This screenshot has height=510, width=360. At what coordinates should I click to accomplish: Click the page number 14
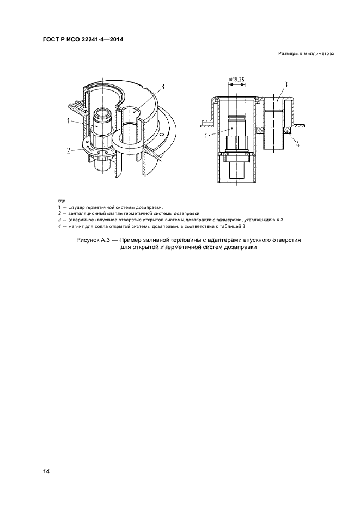pyautogui.click(x=46, y=471)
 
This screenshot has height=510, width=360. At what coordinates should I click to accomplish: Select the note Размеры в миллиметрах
pyautogui.click(x=306, y=54)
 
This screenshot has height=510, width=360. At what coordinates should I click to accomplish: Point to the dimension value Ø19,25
pyautogui.click(x=237, y=79)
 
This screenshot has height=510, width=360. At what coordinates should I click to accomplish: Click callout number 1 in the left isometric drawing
pyautogui.click(x=68, y=120)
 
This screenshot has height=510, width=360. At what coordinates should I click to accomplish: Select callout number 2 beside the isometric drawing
pyautogui.click(x=68, y=150)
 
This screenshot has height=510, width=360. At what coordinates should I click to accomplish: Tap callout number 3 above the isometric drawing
pyautogui.click(x=162, y=87)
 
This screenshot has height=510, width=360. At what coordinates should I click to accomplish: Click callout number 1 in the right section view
pyautogui.click(x=206, y=137)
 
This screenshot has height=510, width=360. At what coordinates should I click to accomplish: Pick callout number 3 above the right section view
pyautogui.click(x=285, y=85)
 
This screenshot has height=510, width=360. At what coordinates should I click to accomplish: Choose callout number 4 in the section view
pyautogui.click(x=297, y=144)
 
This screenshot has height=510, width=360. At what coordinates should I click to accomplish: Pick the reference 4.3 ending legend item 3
pyautogui.click(x=280, y=220)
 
